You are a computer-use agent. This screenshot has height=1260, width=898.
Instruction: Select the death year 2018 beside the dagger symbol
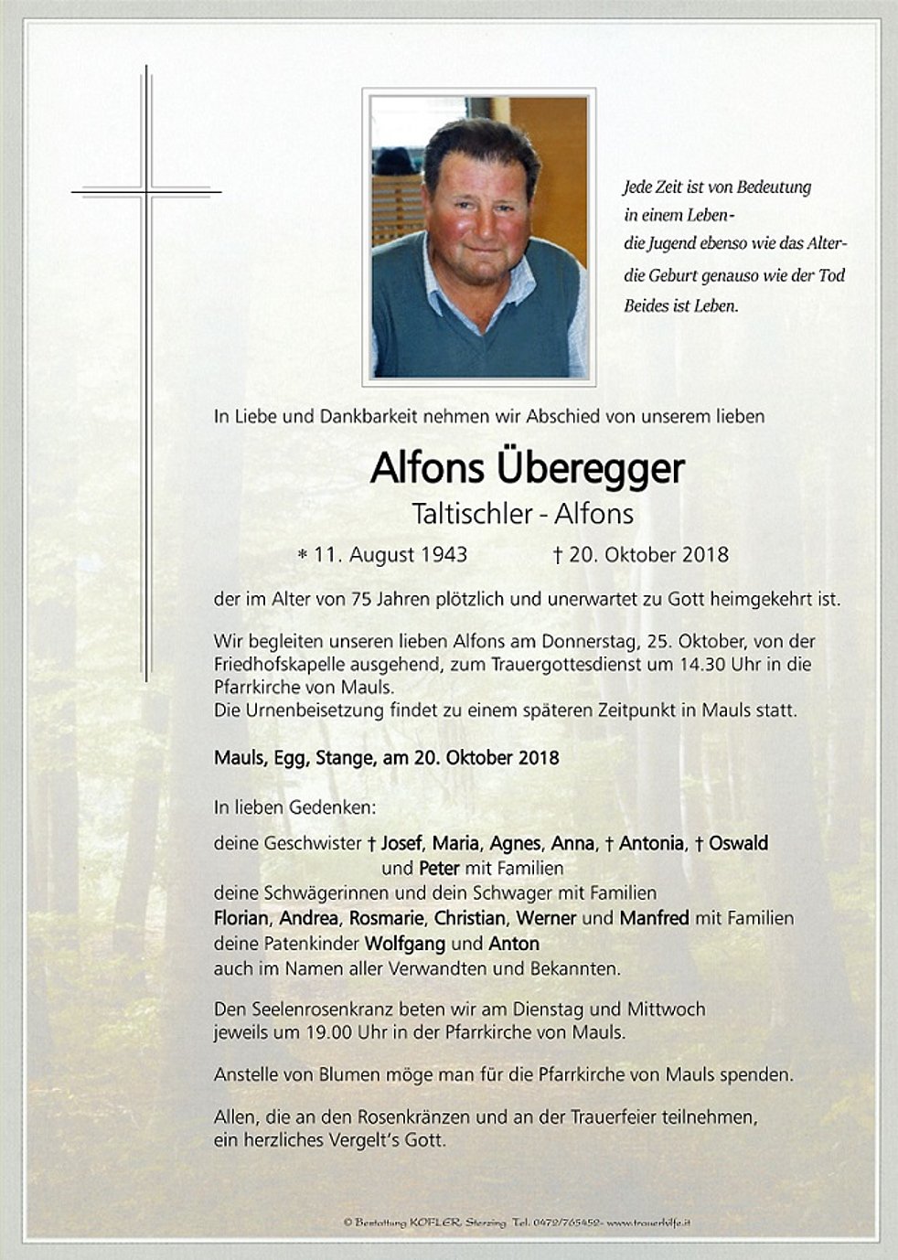(705, 554)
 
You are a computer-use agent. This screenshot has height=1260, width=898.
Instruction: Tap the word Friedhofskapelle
(289, 665)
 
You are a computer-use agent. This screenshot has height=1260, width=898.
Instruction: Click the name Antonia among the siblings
(651, 843)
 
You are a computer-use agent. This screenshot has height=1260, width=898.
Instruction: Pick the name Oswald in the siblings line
(738, 843)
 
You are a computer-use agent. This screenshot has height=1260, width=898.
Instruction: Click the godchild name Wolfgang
(406, 943)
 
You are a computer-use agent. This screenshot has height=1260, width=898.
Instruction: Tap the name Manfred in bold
(654, 917)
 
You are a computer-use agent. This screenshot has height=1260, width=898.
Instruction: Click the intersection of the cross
(146, 192)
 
